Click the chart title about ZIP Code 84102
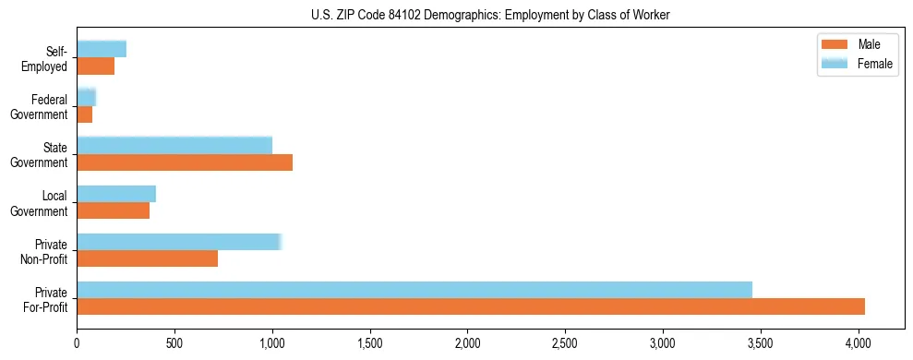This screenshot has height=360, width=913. (x=456, y=15)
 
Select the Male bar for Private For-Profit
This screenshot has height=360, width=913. (x=471, y=306)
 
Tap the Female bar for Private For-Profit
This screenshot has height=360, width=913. (x=414, y=290)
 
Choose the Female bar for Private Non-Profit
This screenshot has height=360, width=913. (x=178, y=242)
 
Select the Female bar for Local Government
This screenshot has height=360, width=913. (x=116, y=194)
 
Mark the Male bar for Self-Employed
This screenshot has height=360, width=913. (x=95, y=66)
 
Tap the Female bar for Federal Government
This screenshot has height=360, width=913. (x=86, y=98)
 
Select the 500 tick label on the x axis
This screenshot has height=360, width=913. (x=174, y=343)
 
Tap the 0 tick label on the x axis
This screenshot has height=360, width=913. (x=77, y=343)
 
